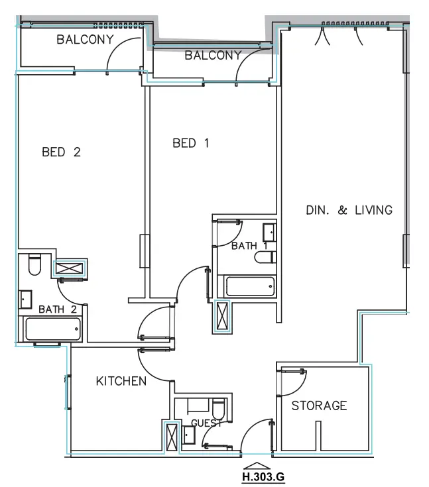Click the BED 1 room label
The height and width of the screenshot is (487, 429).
pyautogui.click(x=191, y=142)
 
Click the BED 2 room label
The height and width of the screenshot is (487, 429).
pyautogui.click(x=61, y=152)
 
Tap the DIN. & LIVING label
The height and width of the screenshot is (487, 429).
pyautogui.click(x=349, y=210)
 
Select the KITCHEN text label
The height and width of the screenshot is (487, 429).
pyautogui.click(x=121, y=381)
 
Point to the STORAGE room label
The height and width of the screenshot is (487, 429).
pyautogui.click(x=319, y=406)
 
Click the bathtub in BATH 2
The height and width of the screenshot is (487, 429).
pyautogui.click(x=52, y=328)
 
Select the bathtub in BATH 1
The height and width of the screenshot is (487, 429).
pyautogui.click(x=249, y=287)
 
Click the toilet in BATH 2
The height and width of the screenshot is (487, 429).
pyautogui.click(x=35, y=265)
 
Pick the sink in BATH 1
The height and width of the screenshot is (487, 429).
pyautogui.click(x=270, y=233)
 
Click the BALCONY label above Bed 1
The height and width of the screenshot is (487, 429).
pyautogui.click(x=213, y=56)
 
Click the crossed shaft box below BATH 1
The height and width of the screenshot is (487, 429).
pyautogui.click(x=223, y=316)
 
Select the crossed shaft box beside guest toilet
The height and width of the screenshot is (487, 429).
pyautogui.click(x=172, y=437)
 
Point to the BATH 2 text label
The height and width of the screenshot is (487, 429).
pyautogui.click(x=58, y=309)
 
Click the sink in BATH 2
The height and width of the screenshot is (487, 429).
pyautogui.click(x=26, y=299)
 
